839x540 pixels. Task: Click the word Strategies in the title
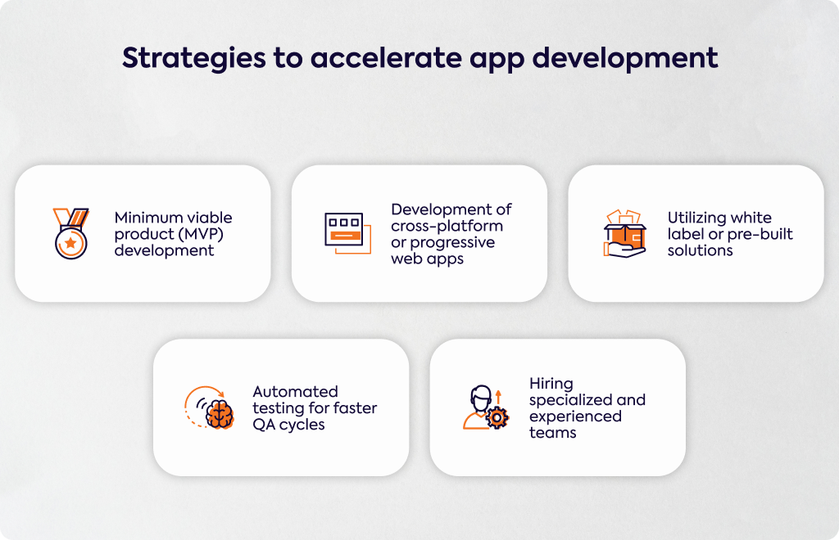coord(193,59)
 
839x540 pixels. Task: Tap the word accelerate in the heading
coord(387,58)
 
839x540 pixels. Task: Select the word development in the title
coord(625,59)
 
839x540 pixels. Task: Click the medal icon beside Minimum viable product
coord(70,233)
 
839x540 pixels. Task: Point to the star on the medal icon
coord(70,243)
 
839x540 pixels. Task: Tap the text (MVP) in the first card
coord(202,234)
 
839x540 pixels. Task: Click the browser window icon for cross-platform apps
coord(347,233)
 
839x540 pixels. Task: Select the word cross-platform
coord(447,226)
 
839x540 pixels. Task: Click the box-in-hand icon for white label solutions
coord(624,233)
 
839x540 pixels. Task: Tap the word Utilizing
coord(696,218)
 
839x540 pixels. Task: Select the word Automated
coord(295,392)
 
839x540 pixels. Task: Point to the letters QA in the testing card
coord(264,425)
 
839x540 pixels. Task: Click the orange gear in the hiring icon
coord(497,418)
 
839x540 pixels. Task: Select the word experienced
coord(575,416)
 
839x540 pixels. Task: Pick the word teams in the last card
coord(553,433)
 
